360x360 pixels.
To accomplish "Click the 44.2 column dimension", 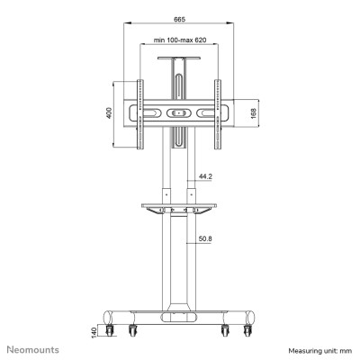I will click(205, 177).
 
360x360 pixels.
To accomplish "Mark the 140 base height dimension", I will click(94, 330).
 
